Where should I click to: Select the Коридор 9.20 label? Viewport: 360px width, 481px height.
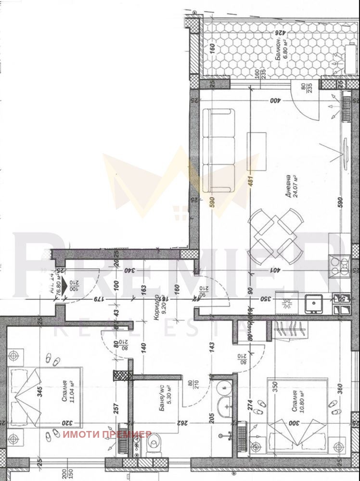[x=159, y=303]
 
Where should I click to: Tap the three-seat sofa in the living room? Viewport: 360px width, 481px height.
[x=219, y=150]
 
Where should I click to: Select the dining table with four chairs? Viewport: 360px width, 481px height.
[x=276, y=232]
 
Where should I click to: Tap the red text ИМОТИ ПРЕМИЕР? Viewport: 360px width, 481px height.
[x=107, y=434]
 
